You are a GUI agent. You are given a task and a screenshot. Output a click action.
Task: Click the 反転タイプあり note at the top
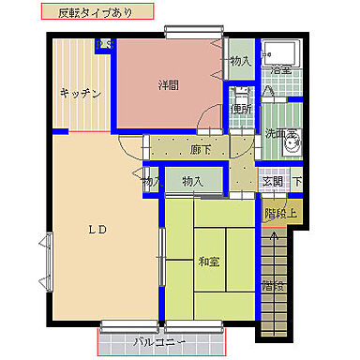point(95,14)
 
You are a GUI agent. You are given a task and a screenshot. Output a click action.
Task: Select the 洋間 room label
point(168,84)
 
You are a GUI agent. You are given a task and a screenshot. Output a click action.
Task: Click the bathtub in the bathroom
point(278,52)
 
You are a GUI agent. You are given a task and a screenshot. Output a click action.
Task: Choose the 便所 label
point(241,109)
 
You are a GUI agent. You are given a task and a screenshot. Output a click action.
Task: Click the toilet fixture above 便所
point(240,94)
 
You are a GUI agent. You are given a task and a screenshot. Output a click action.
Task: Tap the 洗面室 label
point(277,133)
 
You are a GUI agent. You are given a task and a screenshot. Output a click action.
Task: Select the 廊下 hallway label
point(201,150)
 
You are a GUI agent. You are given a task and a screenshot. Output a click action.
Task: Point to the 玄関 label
point(272,181)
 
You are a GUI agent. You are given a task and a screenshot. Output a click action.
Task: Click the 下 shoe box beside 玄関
point(296,181)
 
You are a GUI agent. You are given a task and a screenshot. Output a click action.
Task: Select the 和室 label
point(209,260)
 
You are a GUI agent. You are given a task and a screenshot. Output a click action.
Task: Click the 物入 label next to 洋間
point(240,61)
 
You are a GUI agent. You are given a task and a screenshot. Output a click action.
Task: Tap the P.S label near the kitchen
point(105,44)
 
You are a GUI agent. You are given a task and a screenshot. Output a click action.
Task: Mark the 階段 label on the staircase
point(271,284)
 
